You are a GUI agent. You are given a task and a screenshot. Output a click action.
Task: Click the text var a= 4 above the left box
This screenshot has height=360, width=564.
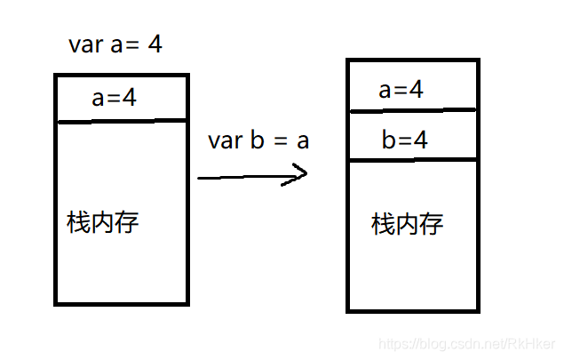pos(115,45)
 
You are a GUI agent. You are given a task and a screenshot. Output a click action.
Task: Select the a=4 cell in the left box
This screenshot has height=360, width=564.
pos(115,99)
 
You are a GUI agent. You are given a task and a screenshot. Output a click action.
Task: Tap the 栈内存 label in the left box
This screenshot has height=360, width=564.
pos(103,221)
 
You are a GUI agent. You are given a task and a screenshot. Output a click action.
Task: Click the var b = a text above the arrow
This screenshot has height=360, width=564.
pos(258,140)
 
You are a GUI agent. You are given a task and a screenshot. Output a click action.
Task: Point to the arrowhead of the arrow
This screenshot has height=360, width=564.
pos(301,173)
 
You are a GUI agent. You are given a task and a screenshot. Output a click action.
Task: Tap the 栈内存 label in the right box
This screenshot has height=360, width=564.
pos(408,223)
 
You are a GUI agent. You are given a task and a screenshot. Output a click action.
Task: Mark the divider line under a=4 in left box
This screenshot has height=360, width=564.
pos(122,121)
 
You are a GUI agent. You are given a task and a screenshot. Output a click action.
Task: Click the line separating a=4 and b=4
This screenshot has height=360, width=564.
pos(413,111)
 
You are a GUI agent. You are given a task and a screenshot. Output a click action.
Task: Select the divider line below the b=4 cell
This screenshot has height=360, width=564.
pos(413,161)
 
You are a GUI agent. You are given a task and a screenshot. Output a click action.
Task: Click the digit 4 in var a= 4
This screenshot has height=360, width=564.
pos(155,44)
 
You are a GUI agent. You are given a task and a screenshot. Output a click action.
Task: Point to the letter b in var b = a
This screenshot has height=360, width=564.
pos(258,140)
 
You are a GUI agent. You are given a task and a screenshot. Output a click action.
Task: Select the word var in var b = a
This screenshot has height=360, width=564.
pos(225,140)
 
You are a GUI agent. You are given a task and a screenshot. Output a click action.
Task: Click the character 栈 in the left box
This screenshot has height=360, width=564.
pos(77,221)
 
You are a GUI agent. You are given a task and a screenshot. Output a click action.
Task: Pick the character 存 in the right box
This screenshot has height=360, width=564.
pos(432,223)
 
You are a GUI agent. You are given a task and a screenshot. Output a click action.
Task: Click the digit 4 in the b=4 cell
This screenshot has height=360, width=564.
pos(421,140)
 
